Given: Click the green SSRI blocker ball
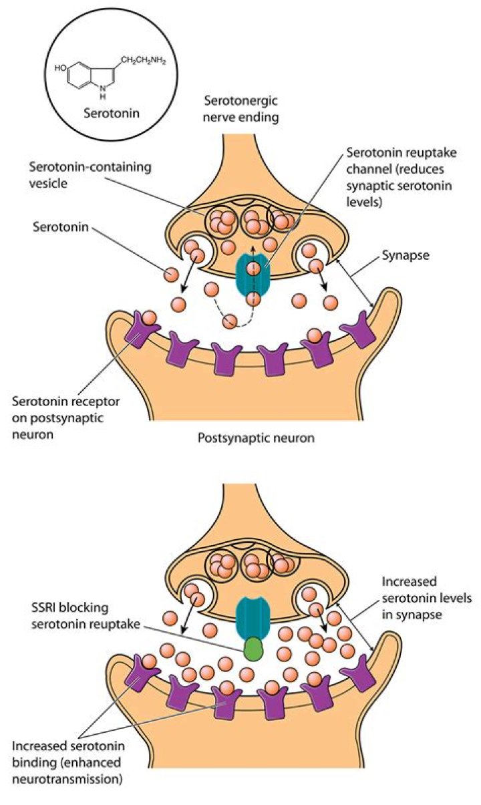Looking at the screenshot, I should point(253,649).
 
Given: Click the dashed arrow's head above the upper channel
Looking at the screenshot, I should point(253,247).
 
